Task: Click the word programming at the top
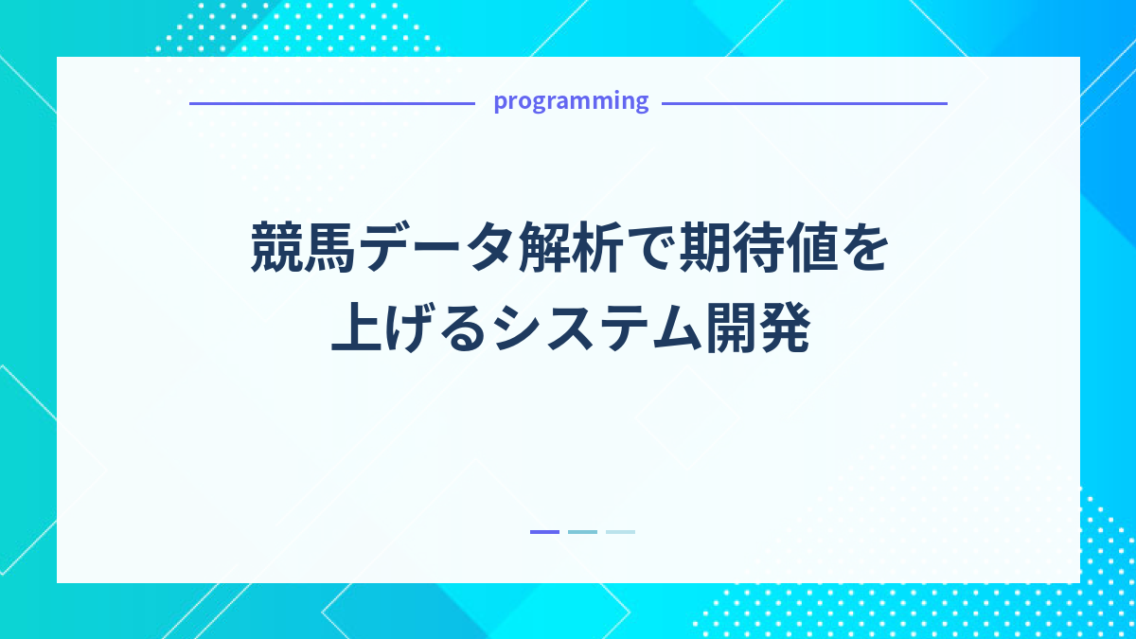[x=571, y=101]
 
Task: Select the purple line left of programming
[x=331, y=103]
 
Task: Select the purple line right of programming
[x=804, y=103]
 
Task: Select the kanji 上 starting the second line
[x=356, y=331]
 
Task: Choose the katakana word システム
[x=597, y=331]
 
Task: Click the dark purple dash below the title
[x=544, y=532]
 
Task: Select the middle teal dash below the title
[x=582, y=532]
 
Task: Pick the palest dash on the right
[x=620, y=532]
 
